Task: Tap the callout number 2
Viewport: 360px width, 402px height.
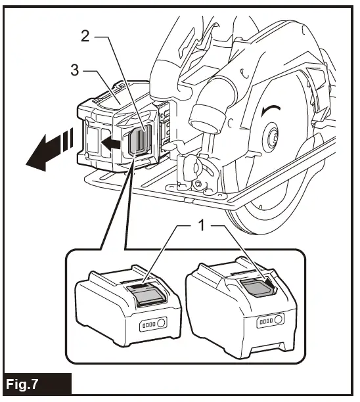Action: (x=85, y=35)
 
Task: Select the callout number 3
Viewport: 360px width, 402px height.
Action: (x=75, y=70)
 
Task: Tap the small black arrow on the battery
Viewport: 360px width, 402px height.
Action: (x=112, y=141)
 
